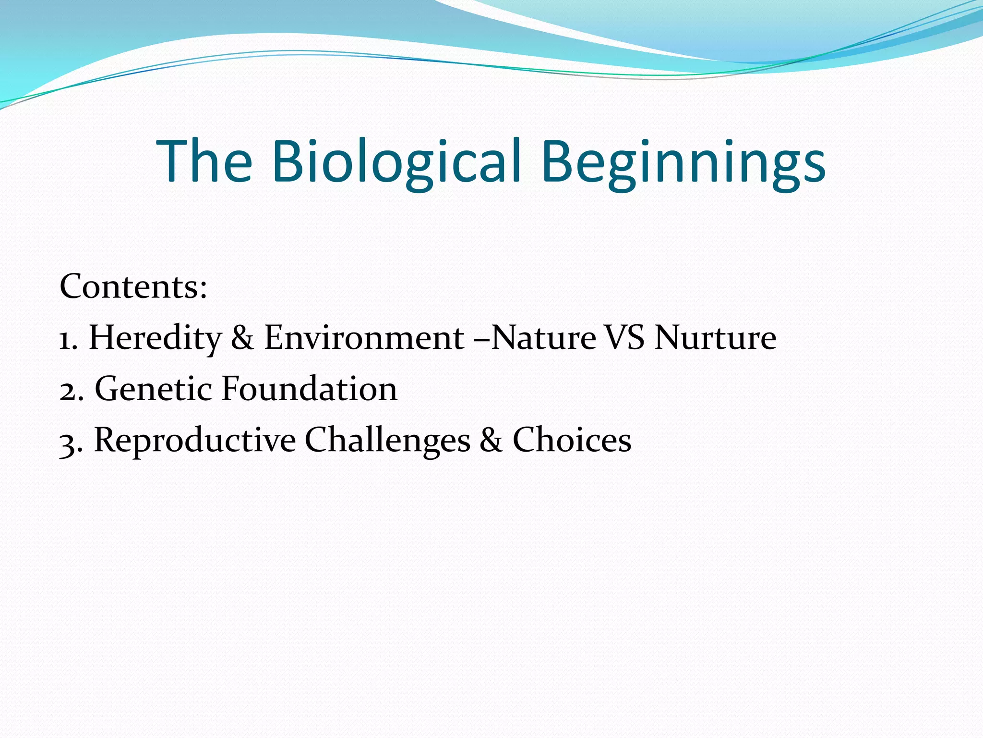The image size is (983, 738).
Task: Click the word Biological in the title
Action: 396,161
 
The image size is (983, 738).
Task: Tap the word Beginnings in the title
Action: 683,161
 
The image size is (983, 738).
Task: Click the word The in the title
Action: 204,161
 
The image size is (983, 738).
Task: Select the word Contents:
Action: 133,286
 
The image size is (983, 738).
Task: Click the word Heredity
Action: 155,338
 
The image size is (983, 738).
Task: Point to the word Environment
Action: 364,338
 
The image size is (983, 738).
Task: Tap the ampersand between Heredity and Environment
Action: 242,338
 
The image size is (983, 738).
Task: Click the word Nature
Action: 544,338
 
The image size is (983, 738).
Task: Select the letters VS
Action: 624,338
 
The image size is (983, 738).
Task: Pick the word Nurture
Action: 715,338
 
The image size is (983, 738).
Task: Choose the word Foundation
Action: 310,389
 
